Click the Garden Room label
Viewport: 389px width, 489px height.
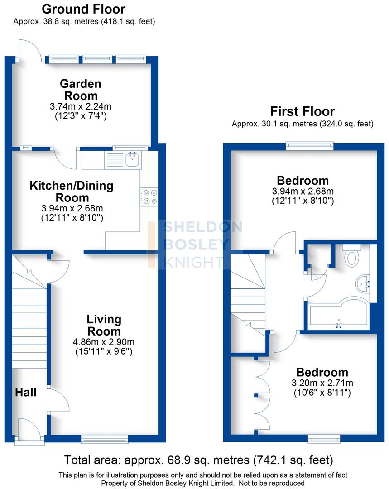pyautogui.click(x=81, y=90)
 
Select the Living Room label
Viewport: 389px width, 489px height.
pyautogui.click(x=104, y=325)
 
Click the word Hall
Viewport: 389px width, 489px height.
pyautogui.click(x=26, y=392)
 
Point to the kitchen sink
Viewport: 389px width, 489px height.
pyautogui.click(x=132, y=159)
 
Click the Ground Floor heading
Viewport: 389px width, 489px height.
pyautogui.click(x=83, y=9)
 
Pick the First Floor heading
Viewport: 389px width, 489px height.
pyautogui.click(x=303, y=111)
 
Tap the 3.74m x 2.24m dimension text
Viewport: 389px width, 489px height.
pyautogui.click(x=81, y=107)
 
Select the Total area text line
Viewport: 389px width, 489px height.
pyautogui.click(x=199, y=460)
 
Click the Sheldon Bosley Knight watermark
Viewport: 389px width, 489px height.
pyautogui.click(x=195, y=244)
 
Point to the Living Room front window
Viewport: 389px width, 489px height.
pyautogui.click(x=105, y=438)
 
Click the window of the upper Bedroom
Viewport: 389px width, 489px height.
pyautogui.click(x=310, y=146)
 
